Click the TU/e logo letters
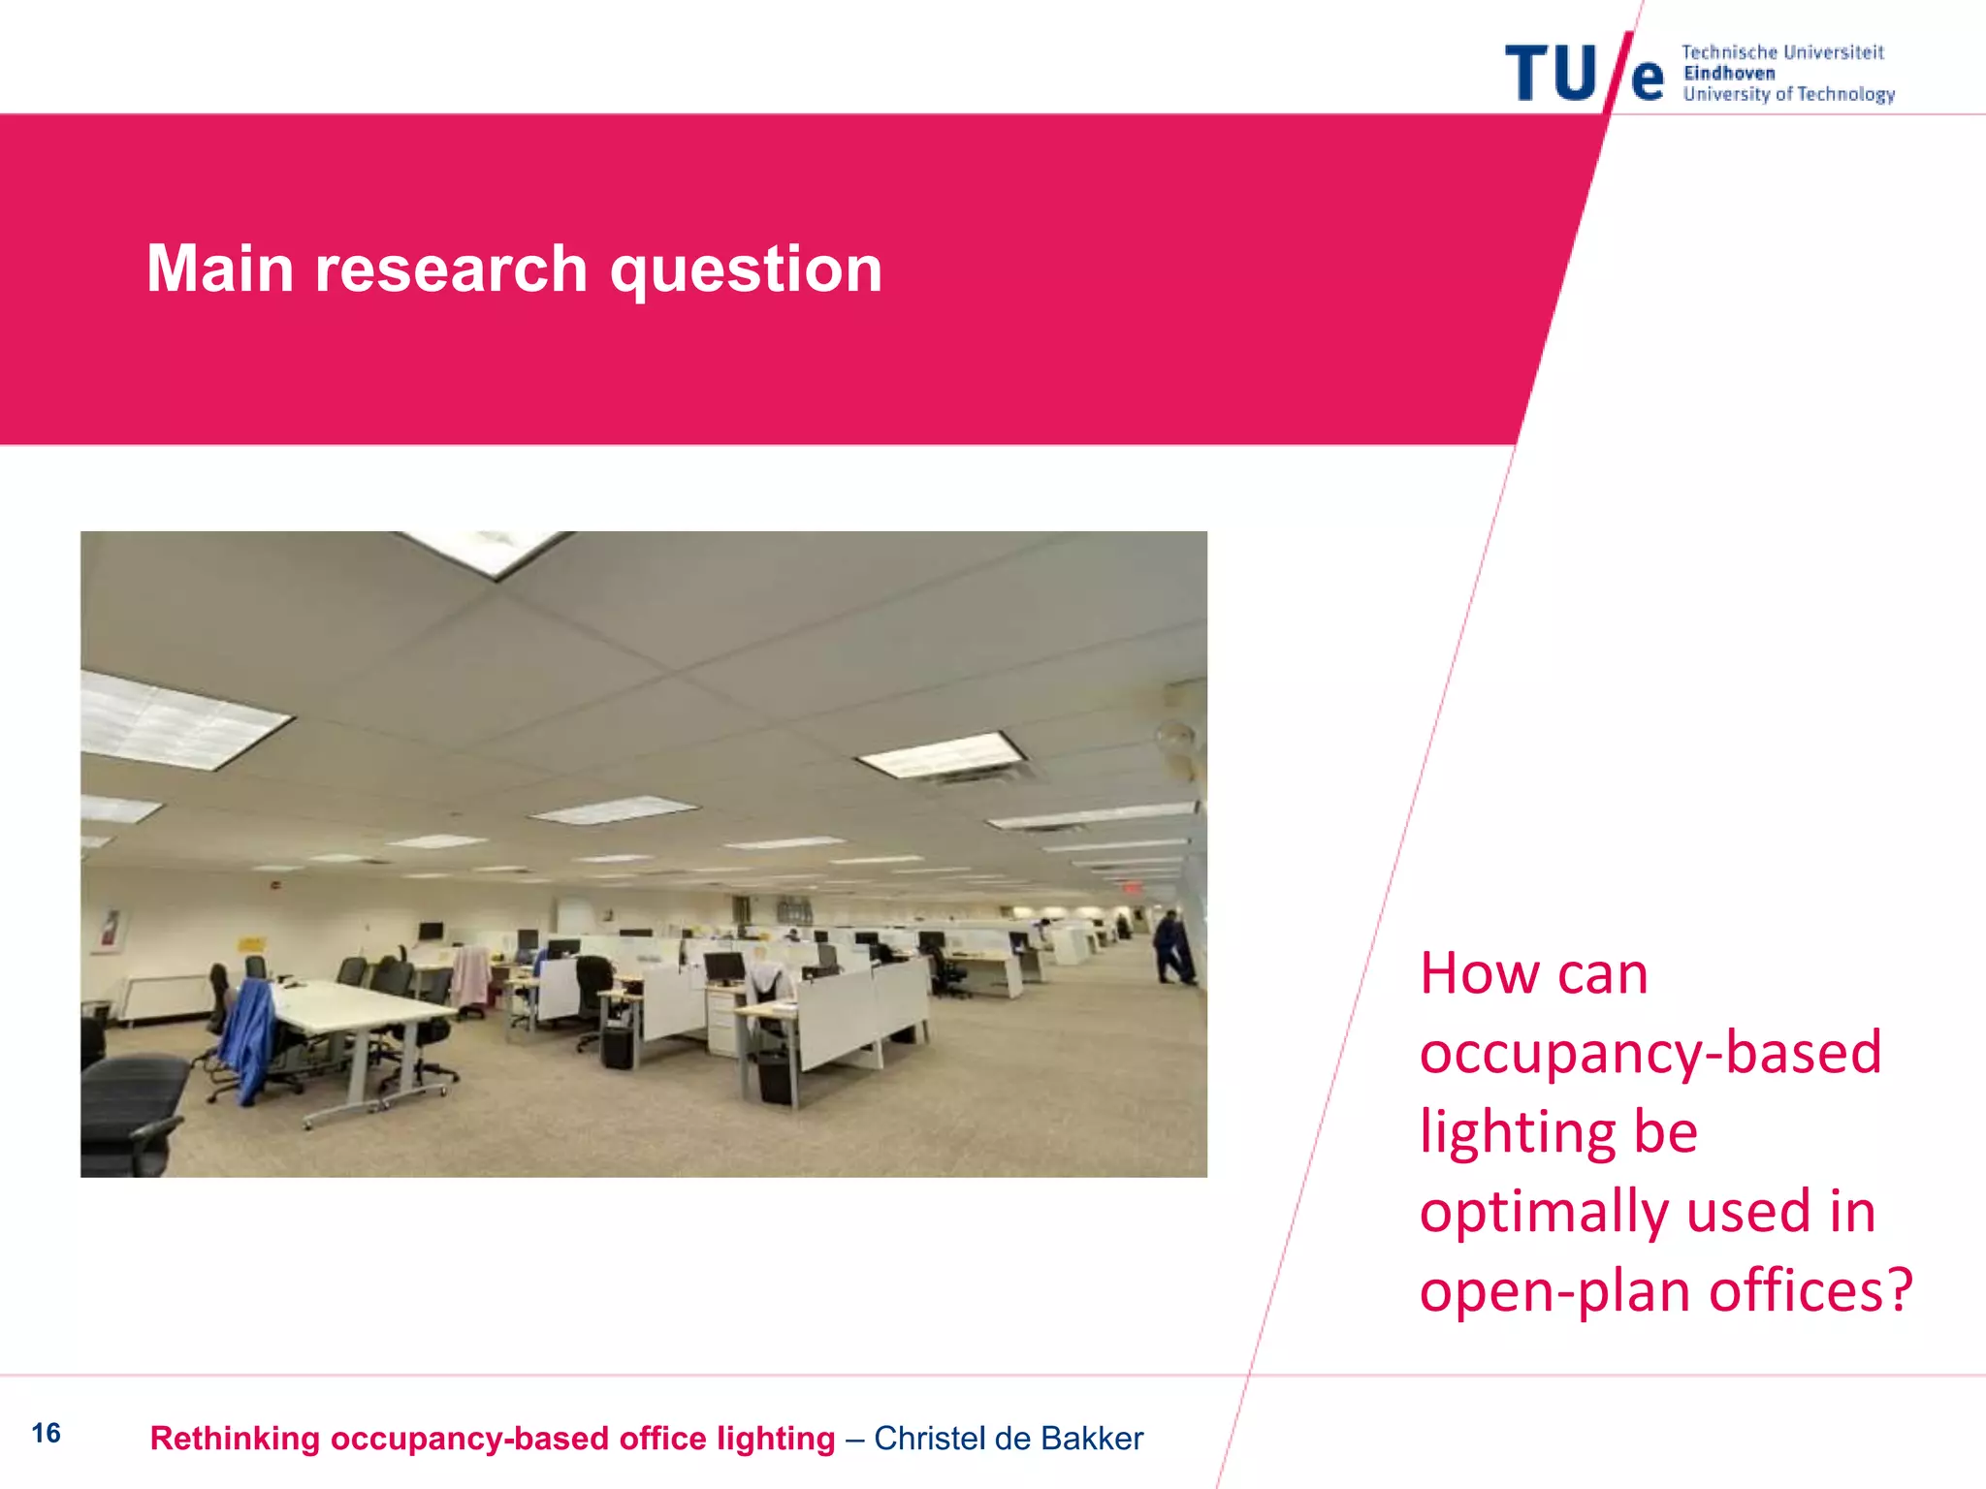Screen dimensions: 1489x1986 tap(1583, 73)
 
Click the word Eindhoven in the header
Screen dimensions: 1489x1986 tap(1729, 74)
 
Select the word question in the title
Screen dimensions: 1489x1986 tap(746, 270)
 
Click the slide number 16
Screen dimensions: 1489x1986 tap(46, 1433)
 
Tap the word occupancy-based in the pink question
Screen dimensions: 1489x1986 tap(1650, 1053)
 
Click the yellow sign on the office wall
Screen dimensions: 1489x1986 tap(250, 943)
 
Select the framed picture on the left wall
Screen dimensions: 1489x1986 tap(112, 932)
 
